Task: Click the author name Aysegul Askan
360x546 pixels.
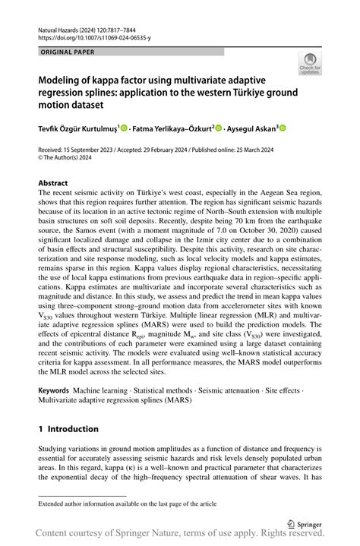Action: [x=248, y=129]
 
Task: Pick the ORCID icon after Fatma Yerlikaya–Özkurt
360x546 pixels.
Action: [x=219, y=129]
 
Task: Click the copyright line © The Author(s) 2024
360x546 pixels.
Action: [x=72, y=159]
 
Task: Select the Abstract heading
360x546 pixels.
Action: [x=53, y=183]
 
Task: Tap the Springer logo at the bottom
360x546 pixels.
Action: [x=305, y=522]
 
